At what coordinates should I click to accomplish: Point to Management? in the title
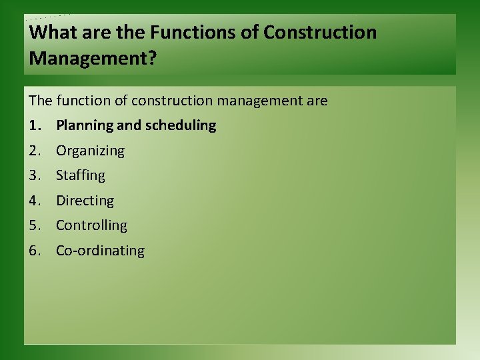tap(93, 59)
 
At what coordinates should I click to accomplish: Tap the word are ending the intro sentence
tap(317, 101)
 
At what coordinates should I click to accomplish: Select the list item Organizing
tap(90, 151)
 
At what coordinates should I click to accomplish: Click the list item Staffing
tap(81, 175)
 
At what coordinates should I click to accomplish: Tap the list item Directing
tap(85, 201)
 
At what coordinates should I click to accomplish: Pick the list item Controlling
tap(91, 225)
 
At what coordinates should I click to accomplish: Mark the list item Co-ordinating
tap(100, 251)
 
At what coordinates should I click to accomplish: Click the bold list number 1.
tap(33, 125)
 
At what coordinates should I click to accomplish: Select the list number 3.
tap(33, 175)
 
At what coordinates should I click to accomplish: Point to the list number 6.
tap(33, 251)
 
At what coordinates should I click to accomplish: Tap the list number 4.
tap(33, 201)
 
